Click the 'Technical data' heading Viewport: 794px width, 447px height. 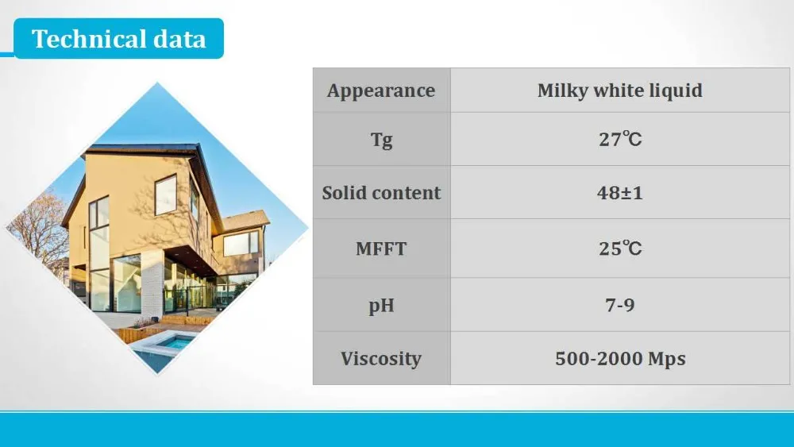click(118, 39)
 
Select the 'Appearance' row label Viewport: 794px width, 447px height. click(381, 91)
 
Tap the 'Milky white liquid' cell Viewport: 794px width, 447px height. click(620, 91)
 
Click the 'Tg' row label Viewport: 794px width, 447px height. click(381, 140)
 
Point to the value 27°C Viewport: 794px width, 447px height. click(620, 139)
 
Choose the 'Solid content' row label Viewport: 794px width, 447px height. click(381, 193)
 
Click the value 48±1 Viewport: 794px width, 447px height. click(620, 193)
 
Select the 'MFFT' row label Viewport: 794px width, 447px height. click(381, 249)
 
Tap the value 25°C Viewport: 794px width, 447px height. click(620, 248)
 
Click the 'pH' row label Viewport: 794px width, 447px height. click(381, 306)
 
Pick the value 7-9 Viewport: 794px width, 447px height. click(620, 305)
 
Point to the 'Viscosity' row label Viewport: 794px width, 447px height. click(381, 359)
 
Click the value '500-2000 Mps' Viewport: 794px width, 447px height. click(620, 358)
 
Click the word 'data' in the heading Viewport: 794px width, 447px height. click(179, 39)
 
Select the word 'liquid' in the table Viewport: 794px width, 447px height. click(680, 91)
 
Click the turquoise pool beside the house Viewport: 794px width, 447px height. click(175, 342)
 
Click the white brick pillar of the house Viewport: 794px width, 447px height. click(152, 283)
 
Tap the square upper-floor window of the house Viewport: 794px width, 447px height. click(166, 195)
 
